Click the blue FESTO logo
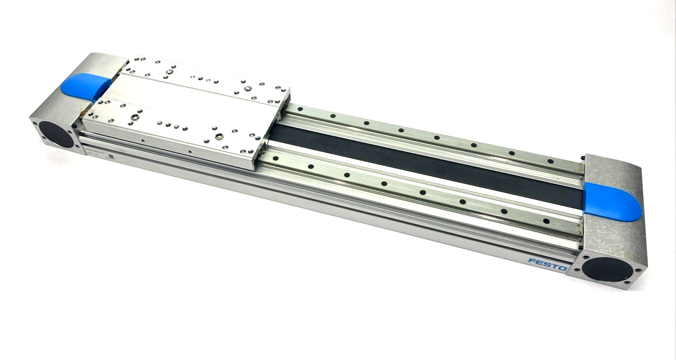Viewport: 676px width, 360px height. (547, 264)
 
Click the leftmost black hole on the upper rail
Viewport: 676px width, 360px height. (300, 108)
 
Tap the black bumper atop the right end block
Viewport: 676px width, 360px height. (582, 158)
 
